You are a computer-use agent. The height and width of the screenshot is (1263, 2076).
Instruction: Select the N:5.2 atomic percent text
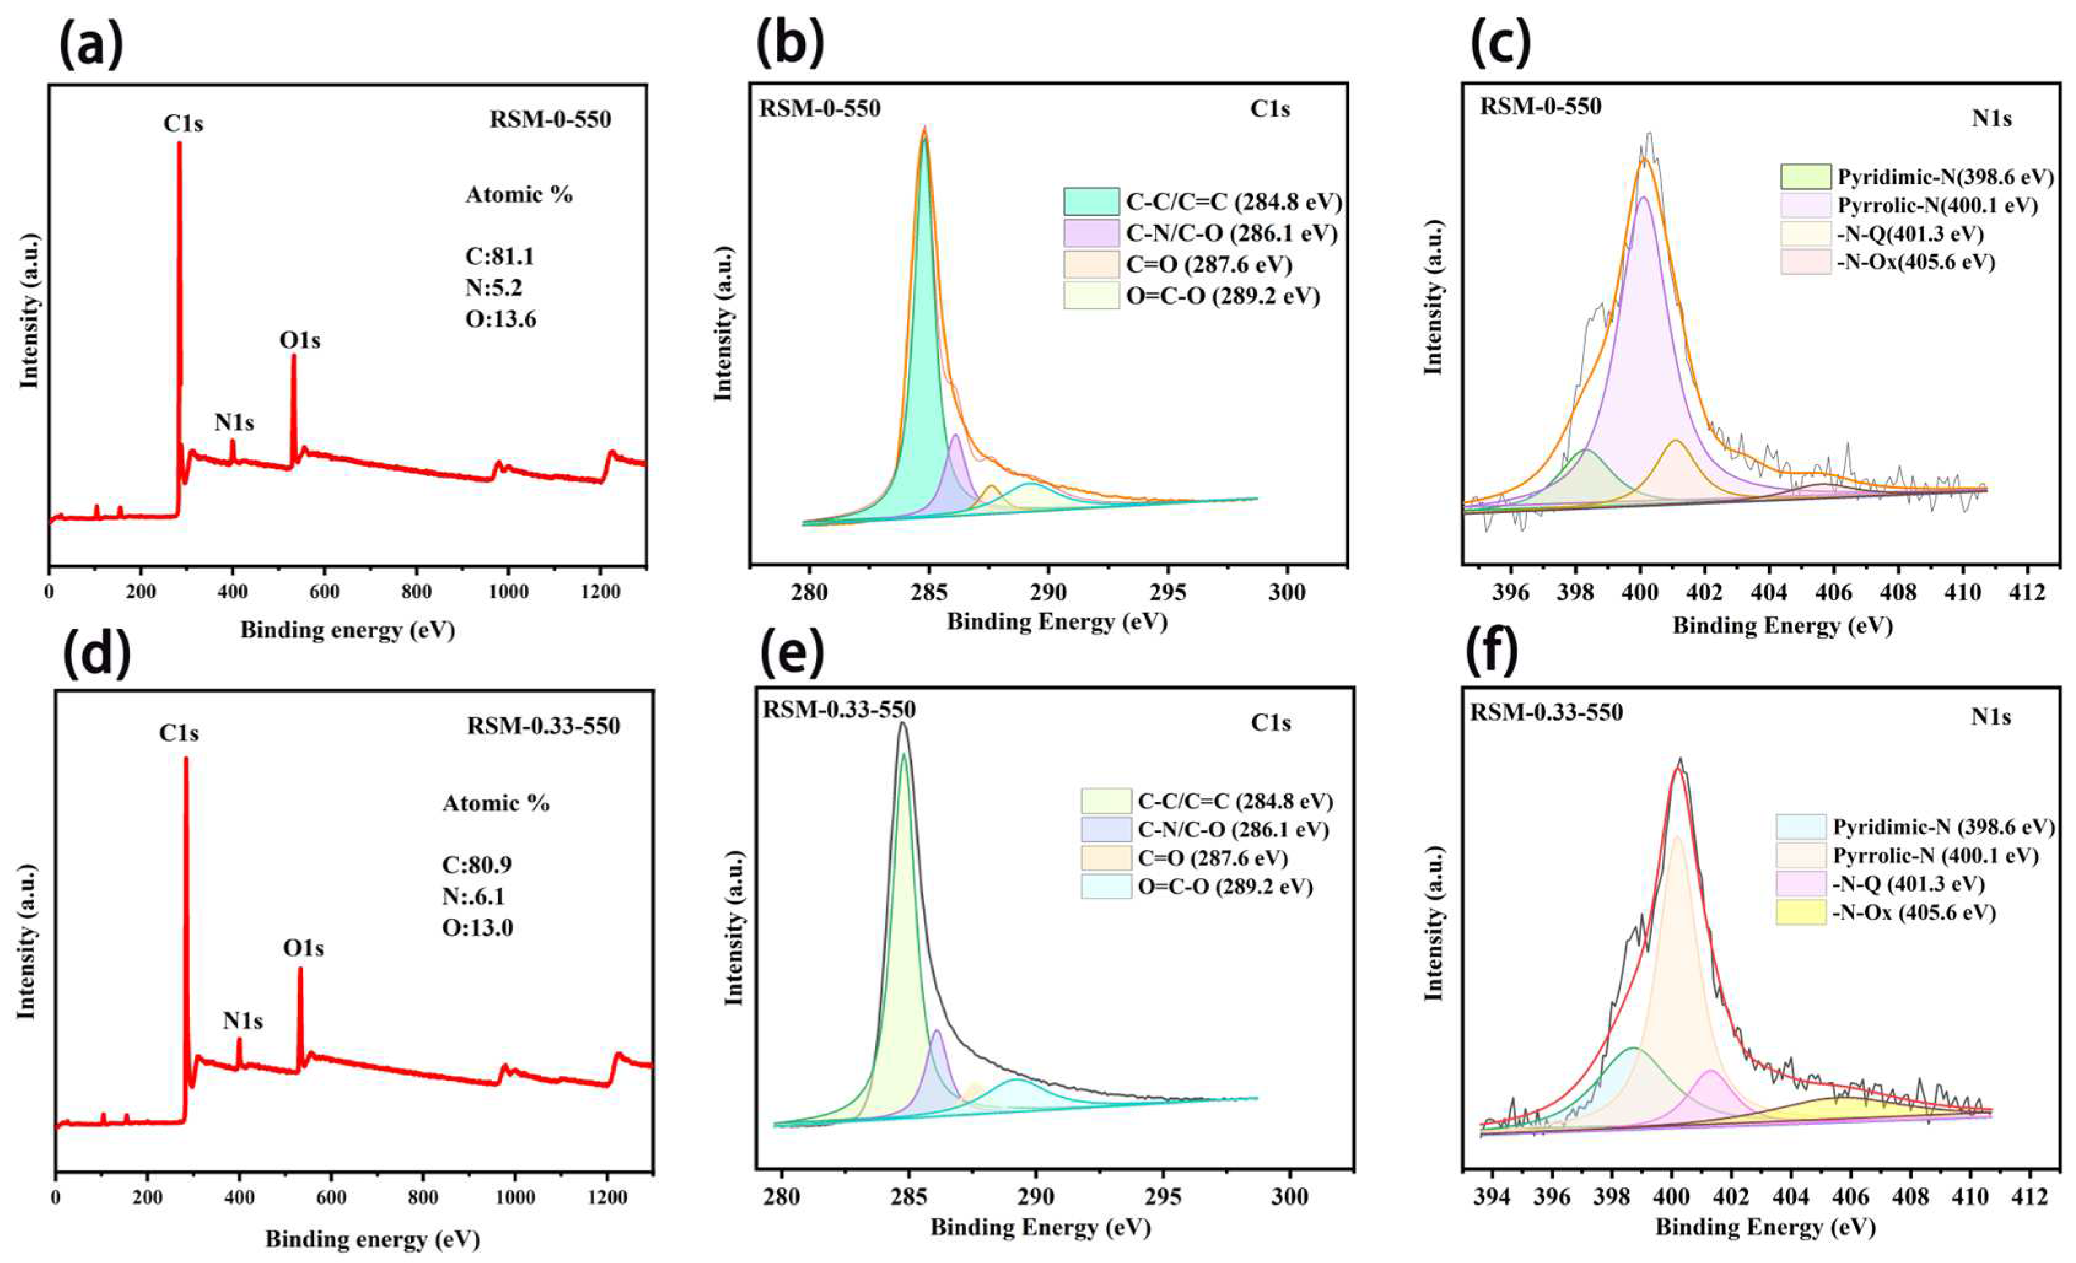(x=494, y=288)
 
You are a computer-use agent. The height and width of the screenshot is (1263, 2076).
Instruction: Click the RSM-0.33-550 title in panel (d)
(x=543, y=726)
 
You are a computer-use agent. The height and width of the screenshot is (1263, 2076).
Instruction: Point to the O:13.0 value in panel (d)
(x=478, y=928)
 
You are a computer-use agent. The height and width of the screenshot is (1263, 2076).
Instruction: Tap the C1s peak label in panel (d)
(x=179, y=734)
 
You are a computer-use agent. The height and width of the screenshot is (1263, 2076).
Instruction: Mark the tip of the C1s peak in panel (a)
(x=179, y=143)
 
